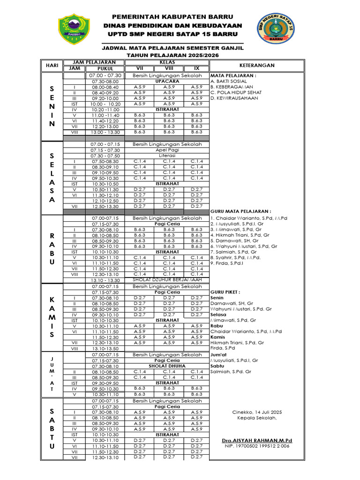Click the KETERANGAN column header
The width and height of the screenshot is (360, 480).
point(256,65)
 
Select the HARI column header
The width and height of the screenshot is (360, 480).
point(52,65)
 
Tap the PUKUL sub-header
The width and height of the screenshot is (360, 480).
point(106,68)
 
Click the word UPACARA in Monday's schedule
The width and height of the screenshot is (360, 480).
point(167,81)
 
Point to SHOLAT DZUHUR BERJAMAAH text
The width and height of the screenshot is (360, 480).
point(167,279)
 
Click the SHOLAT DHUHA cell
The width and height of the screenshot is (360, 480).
point(167,366)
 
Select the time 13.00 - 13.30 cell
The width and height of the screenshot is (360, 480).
point(106,132)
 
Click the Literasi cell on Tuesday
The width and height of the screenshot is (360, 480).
point(167,155)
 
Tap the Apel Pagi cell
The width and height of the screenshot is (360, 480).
point(167,150)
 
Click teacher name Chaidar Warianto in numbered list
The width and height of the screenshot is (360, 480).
point(248,218)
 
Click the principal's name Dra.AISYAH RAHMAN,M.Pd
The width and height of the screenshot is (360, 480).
point(256,441)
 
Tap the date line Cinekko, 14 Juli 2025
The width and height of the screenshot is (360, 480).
point(256,412)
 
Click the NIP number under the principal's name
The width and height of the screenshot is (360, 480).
point(256,446)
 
